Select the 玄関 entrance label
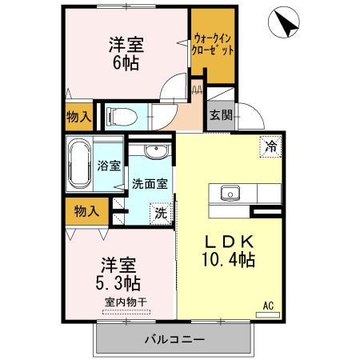222,114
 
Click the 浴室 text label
110,166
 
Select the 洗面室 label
150,182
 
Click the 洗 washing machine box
160,214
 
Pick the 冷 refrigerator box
271,146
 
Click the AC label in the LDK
268,305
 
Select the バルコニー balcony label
174,339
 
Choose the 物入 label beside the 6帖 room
77,116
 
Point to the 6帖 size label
126,62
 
